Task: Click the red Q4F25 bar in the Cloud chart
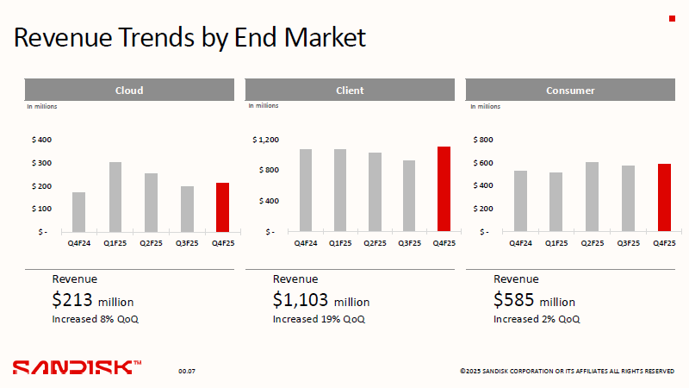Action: click(x=222, y=208)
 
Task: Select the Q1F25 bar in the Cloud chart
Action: click(x=115, y=197)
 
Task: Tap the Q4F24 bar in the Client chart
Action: click(x=306, y=191)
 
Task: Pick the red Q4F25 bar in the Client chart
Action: click(x=444, y=189)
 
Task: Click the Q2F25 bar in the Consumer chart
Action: click(x=592, y=197)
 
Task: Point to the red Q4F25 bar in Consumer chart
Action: click(x=664, y=197)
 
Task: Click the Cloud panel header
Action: click(x=129, y=91)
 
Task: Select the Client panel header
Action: click(x=350, y=91)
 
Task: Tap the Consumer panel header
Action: click(x=570, y=91)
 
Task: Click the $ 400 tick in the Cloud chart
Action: click(x=41, y=140)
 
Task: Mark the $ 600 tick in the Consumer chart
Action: click(x=482, y=163)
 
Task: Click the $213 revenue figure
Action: click(x=73, y=300)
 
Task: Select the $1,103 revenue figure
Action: click(x=301, y=300)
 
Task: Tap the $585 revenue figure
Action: click(x=514, y=300)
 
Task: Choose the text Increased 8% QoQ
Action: click(x=95, y=319)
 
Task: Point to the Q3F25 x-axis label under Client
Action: click(x=409, y=243)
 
